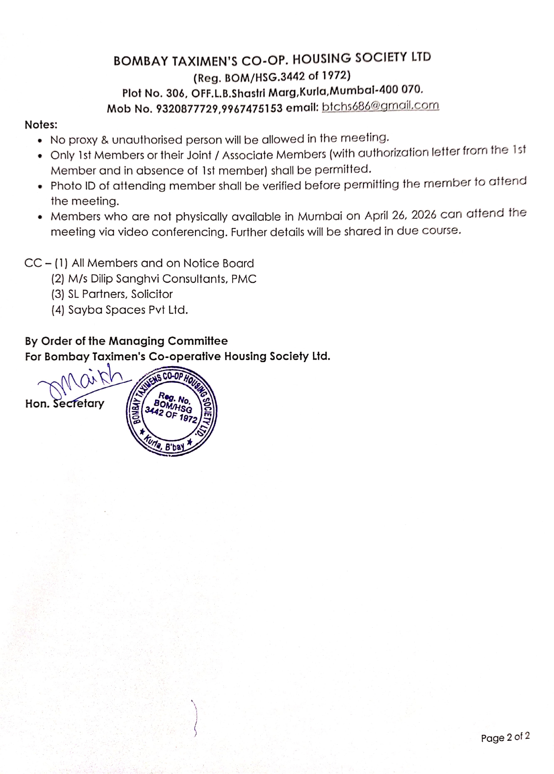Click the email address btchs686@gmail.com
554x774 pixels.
click(380, 106)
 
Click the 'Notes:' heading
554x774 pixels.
click(41, 125)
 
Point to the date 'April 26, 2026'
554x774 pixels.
click(400, 215)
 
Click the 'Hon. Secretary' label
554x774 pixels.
click(65, 404)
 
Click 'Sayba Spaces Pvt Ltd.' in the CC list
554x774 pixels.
click(128, 310)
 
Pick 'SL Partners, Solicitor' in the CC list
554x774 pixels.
click(120, 294)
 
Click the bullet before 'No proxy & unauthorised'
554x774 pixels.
click(40, 141)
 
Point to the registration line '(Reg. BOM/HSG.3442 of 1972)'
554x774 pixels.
click(272, 76)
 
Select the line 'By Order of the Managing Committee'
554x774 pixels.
click(126, 341)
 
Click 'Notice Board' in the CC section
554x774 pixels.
click(218, 263)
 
